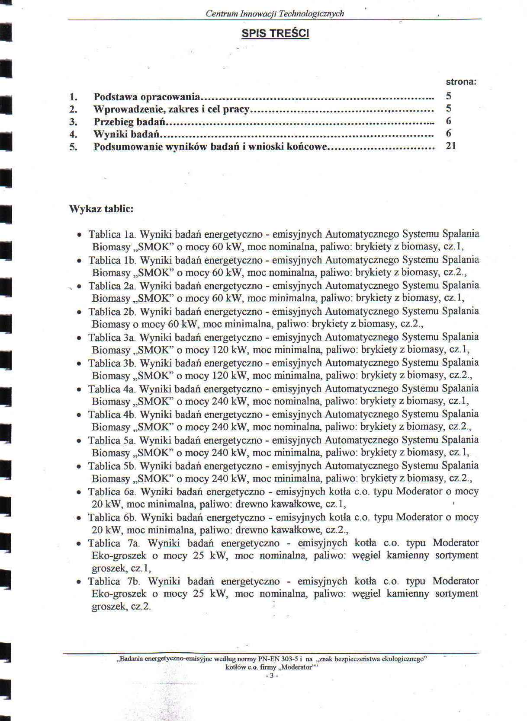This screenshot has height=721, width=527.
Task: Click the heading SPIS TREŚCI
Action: [275, 33]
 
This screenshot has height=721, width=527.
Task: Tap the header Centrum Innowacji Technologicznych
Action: [275, 13]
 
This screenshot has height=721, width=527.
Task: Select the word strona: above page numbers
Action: [461, 82]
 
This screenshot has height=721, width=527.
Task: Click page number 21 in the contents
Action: [451, 146]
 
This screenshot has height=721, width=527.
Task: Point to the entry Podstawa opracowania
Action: [147, 96]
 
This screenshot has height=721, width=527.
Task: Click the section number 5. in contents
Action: [73, 147]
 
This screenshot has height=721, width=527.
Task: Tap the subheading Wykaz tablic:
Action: [101, 209]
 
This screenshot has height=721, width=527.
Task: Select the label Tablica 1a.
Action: [112, 235]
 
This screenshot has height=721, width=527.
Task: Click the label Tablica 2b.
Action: [112, 312]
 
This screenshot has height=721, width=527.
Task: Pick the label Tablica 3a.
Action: [112, 338]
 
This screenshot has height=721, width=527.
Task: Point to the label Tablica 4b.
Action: [112, 415]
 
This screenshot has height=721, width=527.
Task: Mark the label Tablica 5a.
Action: [112, 440]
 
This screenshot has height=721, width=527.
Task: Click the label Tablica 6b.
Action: [112, 517]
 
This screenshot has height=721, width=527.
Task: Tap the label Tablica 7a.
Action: [113, 543]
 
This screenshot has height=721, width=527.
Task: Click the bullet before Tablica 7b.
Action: [79, 582]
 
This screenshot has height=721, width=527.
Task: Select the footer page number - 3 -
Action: [271, 676]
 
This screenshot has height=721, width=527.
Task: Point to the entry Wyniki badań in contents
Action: [125, 134]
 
